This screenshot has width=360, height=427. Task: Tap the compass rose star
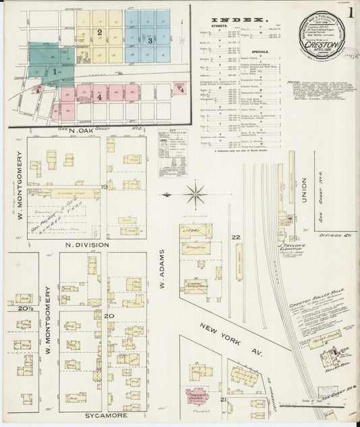pos(195,195)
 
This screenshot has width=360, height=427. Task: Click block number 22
pos(236,237)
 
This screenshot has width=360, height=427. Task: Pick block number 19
pos(103,187)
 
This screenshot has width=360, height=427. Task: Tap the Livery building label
pos(196,231)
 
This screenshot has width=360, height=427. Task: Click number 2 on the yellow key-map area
pos(100,32)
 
